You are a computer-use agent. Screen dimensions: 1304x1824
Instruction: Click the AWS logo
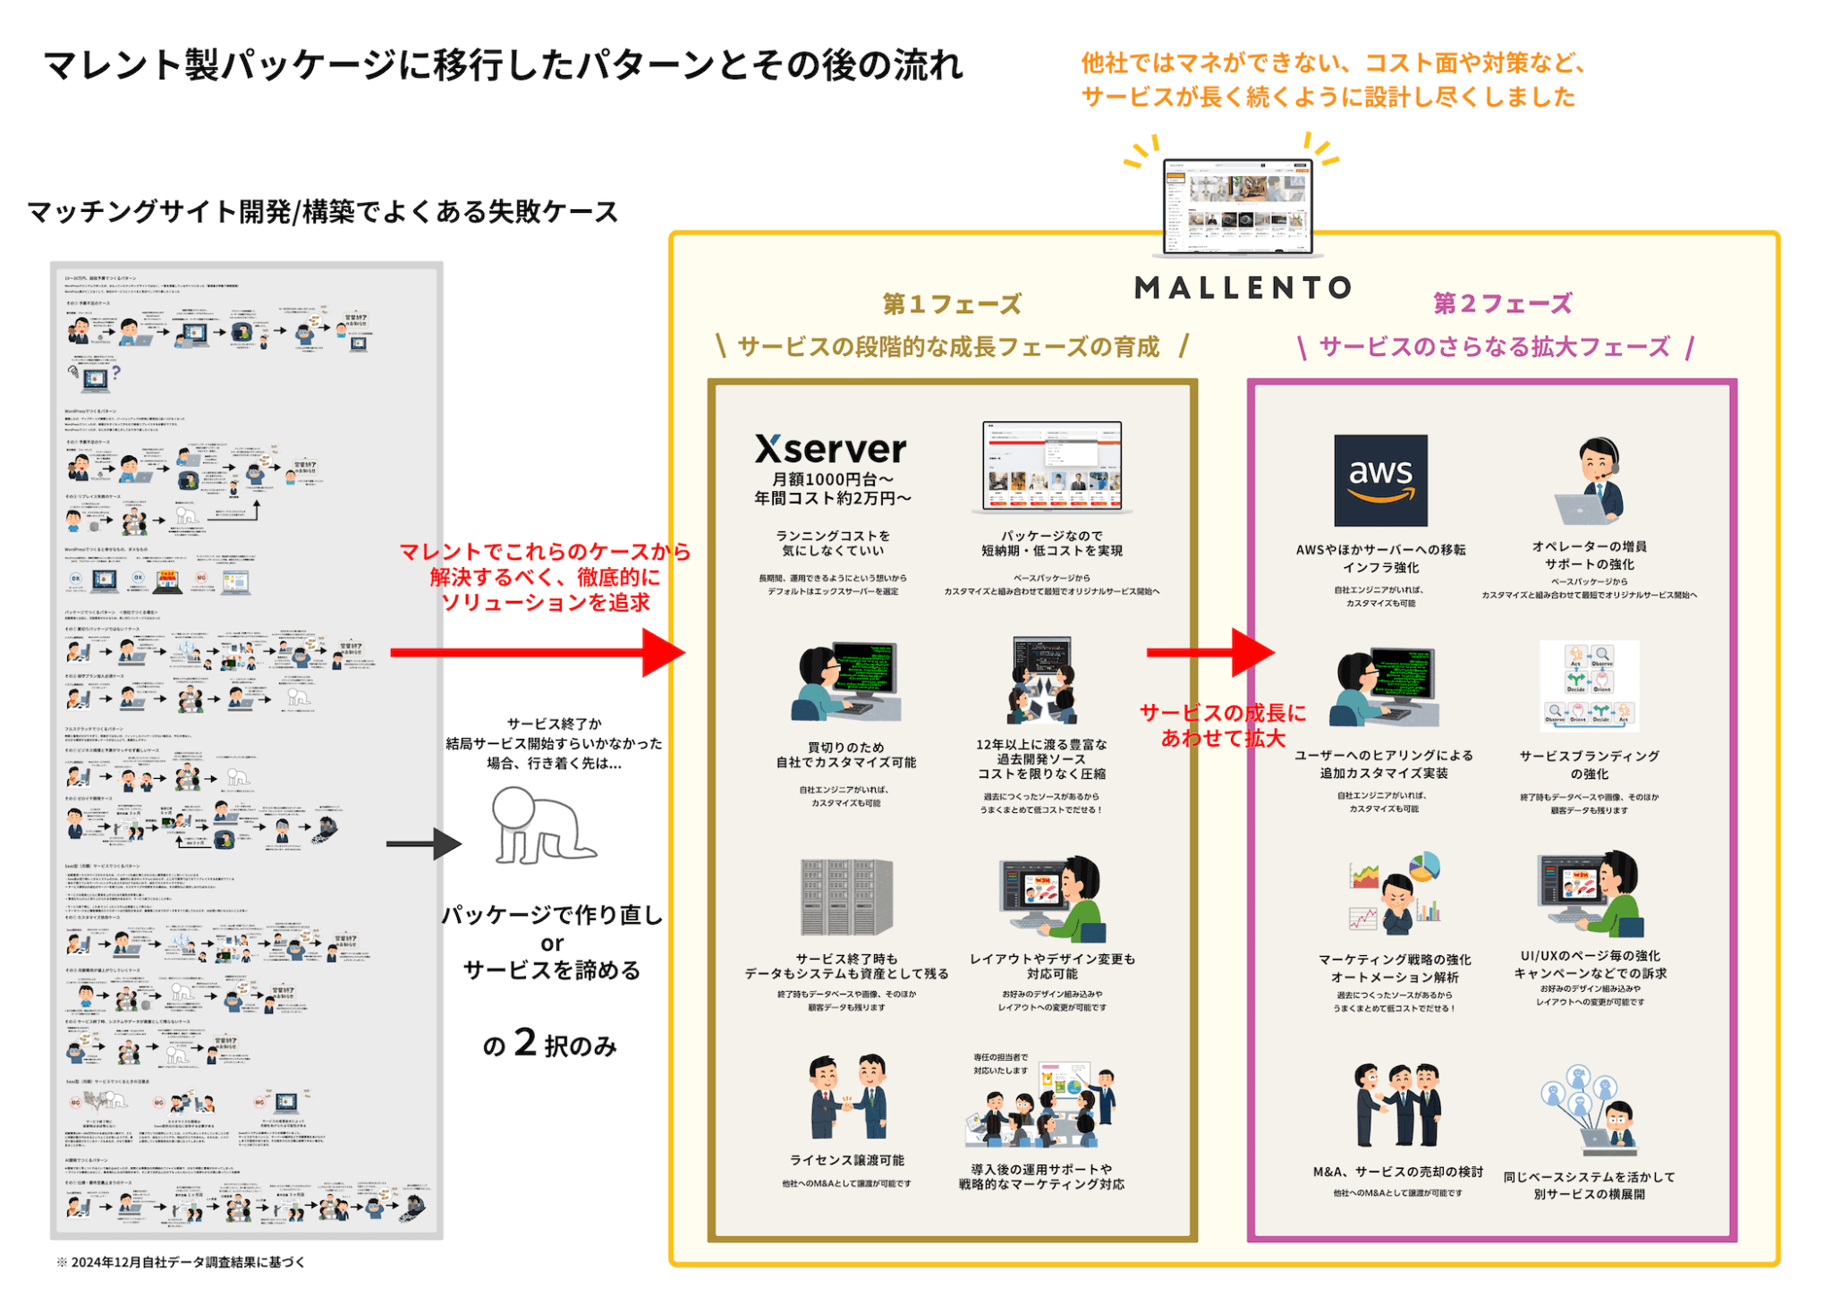pyautogui.click(x=1379, y=480)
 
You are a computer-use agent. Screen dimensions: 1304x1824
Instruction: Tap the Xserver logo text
pyautogui.click(x=830, y=449)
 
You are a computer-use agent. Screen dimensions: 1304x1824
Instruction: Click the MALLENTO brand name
pyautogui.click(x=1243, y=288)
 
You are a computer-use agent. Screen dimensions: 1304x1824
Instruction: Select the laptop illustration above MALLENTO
pyautogui.click(x=1237, y=207)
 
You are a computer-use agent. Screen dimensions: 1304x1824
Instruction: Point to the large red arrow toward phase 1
pyautogui.click(x=537, y=652)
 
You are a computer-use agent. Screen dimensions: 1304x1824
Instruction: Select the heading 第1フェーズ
pyautogui.click(x=952, y=304)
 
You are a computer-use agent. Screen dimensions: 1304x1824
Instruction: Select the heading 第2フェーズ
pyautogui.click(x=1502, y=304)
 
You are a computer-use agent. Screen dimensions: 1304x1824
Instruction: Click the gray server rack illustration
pyautogui.click(x=845, y=897)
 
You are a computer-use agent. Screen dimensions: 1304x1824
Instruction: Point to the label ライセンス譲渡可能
pyautogui.click(x=846, y=1160)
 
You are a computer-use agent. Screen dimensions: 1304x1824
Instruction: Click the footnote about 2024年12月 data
pyautogui.click(x=182, y=1262)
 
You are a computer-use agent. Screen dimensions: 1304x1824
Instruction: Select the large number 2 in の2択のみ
pyautogui.click(x=525, y=1043)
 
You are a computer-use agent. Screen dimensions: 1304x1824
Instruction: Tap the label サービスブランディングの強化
pyautogui.click(x=1589, y=765)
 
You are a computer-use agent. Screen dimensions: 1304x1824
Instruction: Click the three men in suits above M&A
pyautogui.click(x=1397, y=1105)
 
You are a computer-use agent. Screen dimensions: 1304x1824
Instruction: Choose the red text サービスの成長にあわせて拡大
pyautogui.click(x=1223, y=725)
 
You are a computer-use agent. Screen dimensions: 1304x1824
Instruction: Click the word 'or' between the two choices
pyautogui.click(x=552, y=944)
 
